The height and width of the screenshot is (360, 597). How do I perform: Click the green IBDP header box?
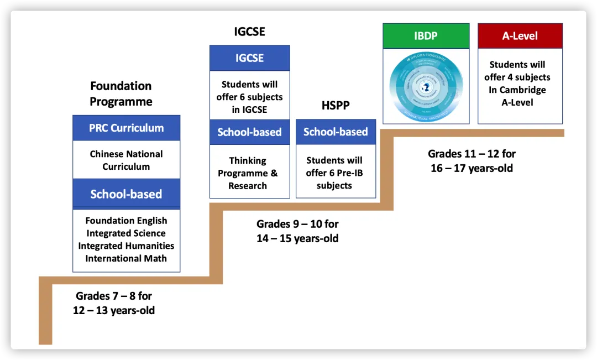[x=426, y=36]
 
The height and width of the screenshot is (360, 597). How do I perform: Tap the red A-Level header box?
[x=520, y=36]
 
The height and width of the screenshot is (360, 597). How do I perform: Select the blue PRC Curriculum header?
[x=126, y=128]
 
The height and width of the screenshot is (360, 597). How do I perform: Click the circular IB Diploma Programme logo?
[x=426, y=85]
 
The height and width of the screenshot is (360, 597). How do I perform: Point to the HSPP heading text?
[x=336, y=105]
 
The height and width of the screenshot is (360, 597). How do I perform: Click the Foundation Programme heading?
[x=121, y=94]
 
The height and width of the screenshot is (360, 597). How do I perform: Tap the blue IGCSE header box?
[x=249, y=58]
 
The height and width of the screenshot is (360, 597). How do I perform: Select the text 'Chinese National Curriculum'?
[x=126, y=160]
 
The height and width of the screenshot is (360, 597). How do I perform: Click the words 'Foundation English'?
[x=126, y=221]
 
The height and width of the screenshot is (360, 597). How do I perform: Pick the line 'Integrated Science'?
[x=126, y=233]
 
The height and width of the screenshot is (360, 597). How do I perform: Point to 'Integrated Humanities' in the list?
[x=126, y=246]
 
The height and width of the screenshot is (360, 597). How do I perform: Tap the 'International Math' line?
[x=126, y=258]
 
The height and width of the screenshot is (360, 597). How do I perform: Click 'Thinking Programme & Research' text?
[x=248, y=173]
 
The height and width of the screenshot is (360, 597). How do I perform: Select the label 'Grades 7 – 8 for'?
[x=114, y=296]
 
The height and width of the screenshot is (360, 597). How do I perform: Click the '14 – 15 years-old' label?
[x=297, y=238]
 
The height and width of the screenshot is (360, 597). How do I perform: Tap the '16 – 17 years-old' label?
[x=472, y=168]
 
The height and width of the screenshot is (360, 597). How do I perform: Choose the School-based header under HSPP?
[x=336, y=132]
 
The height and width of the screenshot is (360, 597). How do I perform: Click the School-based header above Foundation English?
[x=126, y=194]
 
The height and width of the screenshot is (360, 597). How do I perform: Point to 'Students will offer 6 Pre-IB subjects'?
[x=334, y=173]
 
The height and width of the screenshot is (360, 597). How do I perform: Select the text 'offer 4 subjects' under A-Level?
[x=517, y=77]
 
